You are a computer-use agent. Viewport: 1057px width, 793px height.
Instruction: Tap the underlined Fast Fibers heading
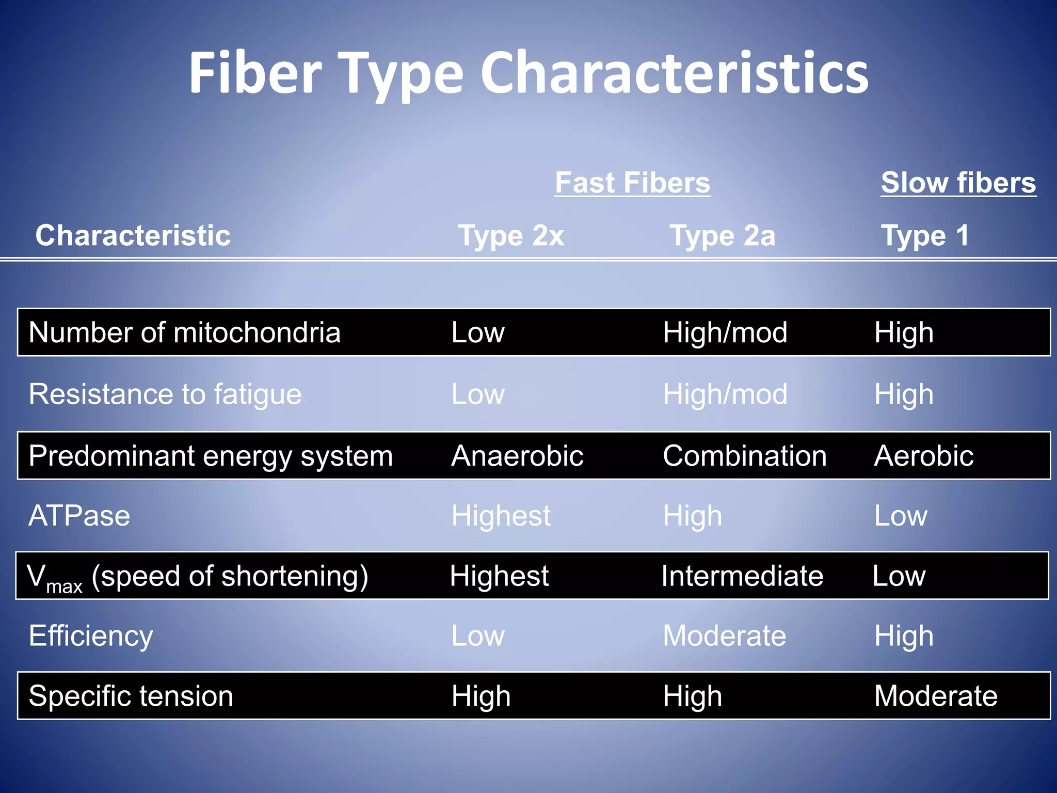click(632, 183)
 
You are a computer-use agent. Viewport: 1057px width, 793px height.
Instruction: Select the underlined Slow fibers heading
click(958, 183)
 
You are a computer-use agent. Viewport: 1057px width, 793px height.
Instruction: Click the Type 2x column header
click(511, 235)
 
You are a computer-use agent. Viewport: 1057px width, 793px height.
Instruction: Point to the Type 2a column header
click(722, 235)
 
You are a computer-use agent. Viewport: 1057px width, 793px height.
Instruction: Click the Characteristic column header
click(133, 235)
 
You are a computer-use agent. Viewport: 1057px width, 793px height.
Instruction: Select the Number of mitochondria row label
click(184, 332)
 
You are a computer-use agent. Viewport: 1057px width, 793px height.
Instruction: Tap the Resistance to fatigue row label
click(165, 394)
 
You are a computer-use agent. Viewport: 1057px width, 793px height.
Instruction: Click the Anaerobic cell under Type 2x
click(517, 456)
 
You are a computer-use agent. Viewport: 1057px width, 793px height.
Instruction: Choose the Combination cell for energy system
click(744, 456)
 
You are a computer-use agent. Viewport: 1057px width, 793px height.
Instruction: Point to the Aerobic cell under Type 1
click(923, 456)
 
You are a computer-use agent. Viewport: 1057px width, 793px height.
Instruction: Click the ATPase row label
click(79, 516)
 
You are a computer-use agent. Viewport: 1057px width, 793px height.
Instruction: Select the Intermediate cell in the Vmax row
click(742, 576)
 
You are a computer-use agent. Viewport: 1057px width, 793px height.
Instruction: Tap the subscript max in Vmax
click(64, 587)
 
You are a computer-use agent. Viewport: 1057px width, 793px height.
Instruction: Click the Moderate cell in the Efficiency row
click(724, 636)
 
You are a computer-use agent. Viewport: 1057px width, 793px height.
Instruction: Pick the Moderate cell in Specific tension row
click(936, 695)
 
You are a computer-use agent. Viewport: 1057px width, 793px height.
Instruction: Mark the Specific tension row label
click(131, 695)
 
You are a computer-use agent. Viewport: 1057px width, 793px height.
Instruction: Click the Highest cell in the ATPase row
click(501, 516)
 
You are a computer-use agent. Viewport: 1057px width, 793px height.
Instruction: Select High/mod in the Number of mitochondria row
click(725, 332)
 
